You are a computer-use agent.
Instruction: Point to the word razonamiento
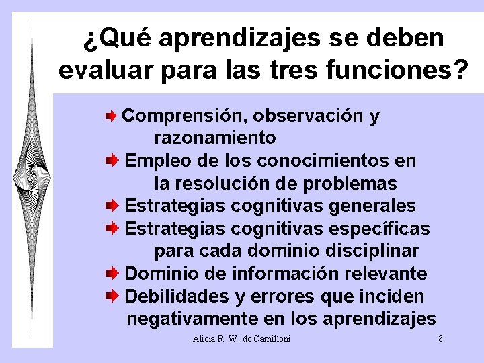215,138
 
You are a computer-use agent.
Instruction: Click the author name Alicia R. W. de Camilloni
241,339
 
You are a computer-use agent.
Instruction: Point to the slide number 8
440,339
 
